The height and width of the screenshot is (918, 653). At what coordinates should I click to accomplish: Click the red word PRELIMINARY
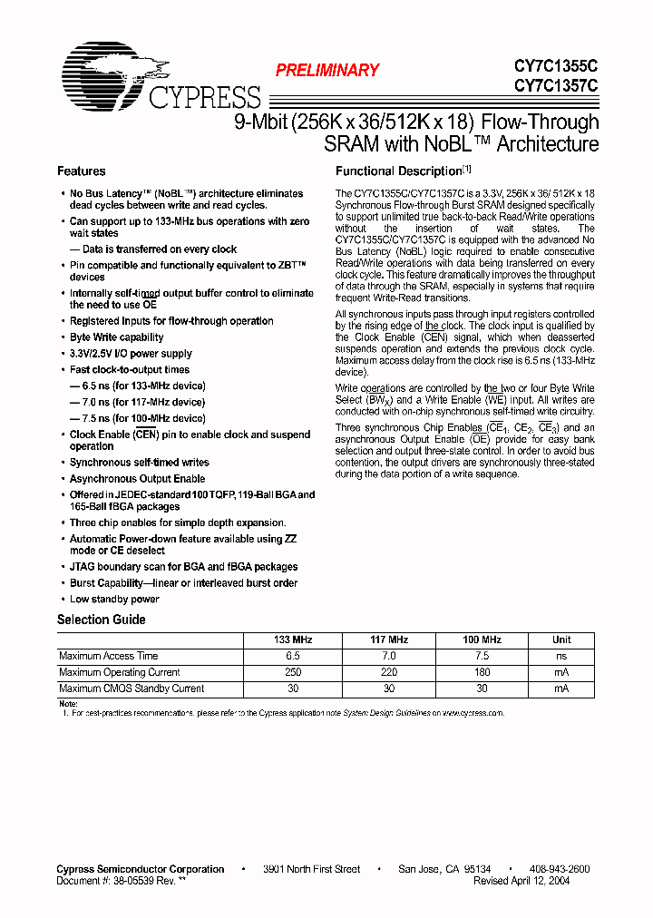(x=326, y=70)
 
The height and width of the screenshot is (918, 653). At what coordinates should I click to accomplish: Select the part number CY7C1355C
(x=556, y=66)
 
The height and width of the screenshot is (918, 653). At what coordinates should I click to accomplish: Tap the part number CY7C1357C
(x=556, y=86)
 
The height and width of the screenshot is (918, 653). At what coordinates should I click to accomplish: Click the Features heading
(x=81, y=171)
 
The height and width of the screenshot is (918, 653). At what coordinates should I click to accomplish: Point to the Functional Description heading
(x=399, y=171)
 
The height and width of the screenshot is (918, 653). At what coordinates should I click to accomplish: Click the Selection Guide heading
(x=101, y=620)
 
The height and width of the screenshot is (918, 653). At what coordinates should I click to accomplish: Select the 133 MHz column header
(x=293, y=640)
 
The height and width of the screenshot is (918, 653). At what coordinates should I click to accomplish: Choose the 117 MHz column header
(x=390, y=640)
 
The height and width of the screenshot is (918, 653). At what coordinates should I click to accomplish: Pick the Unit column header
(x=561, y=640)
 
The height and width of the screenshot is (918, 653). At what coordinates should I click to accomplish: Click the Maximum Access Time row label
(x=108, y=656)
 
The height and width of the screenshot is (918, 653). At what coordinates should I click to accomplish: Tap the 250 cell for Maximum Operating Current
(x=293, y=672)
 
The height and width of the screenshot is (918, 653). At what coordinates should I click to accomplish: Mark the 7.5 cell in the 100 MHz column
(x=482, y=656)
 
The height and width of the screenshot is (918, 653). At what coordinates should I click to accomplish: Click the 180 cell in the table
(x=482, y=672)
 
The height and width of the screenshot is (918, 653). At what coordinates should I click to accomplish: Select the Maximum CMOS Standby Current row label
(x=131, y=688)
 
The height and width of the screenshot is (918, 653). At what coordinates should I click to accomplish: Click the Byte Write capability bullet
(x=116, y=337)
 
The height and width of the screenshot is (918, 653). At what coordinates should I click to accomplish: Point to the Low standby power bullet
(x=114, y=600)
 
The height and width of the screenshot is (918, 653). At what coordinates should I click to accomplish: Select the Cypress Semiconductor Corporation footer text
(x=141, y=869)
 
